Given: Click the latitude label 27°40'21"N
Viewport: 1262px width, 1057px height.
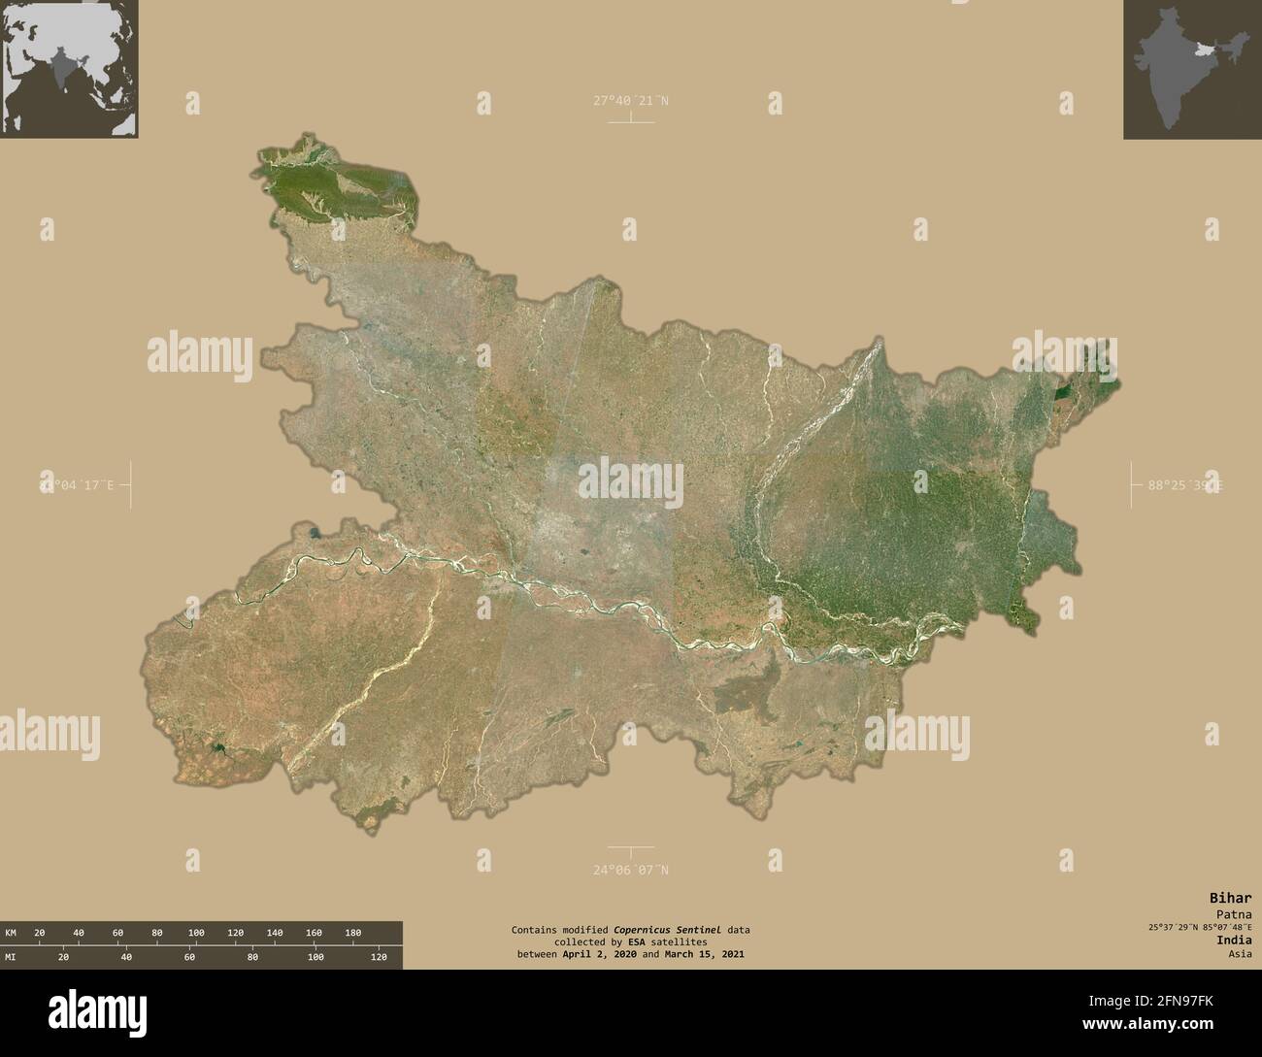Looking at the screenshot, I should point(631,100).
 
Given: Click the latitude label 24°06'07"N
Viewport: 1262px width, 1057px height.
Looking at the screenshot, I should point(631,870).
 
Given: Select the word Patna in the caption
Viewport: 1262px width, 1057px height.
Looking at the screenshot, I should point(1233,914).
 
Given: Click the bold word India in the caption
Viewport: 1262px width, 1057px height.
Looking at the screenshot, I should point(1234,940).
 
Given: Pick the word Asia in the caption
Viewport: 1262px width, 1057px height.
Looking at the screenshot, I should point(1239,954).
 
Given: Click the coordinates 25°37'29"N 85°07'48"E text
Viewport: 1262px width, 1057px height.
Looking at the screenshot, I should point(1200,927).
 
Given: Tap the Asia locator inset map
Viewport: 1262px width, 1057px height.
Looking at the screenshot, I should point(69,69).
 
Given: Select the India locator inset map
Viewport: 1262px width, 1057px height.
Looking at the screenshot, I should point(1192,69).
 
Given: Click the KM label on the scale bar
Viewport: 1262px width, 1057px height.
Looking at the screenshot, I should point(11,933).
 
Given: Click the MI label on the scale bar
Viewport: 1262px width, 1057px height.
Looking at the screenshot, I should point(11,957).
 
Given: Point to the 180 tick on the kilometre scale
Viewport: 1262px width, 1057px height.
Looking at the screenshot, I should point(352,933).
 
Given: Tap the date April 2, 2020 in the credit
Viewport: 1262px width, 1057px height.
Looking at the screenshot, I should point(592,955).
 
